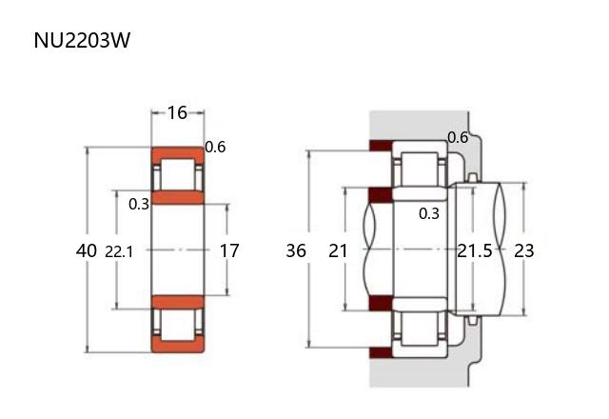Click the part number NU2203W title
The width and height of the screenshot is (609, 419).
(82, 40)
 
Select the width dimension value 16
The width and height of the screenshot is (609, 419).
(177, 112)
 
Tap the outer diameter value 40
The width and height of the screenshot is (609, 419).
(87, 250)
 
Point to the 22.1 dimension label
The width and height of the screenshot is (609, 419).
(119, 252)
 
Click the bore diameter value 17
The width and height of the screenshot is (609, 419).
(229, 250)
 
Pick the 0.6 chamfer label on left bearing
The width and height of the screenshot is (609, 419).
(215, 147)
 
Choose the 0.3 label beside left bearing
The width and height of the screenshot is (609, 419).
(139, 204)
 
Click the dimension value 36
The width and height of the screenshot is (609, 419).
(296, 250)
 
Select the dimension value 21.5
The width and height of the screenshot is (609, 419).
(475, 250)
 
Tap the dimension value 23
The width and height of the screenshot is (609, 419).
(524, 250)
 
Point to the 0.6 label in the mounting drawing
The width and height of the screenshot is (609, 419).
(458, 137)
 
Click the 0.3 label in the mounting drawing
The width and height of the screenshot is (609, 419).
(429, 213)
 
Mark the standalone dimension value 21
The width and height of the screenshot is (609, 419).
(338, 250)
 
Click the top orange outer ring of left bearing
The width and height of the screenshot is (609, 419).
(178, 153)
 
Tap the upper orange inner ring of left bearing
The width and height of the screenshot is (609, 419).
(178, 197)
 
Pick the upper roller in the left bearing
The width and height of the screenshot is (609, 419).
(178, 174)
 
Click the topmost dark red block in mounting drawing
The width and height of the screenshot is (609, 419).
(381, 146)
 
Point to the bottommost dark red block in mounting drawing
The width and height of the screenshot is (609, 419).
(381, 352)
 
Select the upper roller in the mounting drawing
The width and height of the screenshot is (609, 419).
(420, 170)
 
